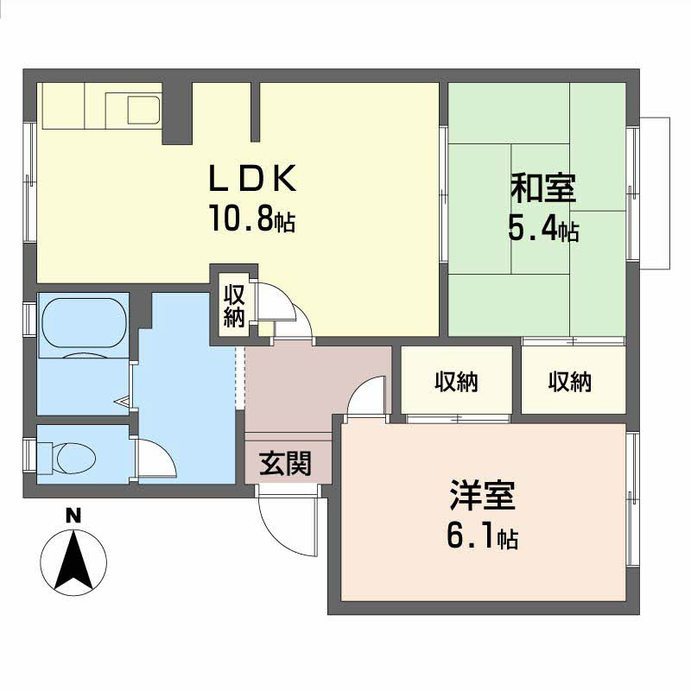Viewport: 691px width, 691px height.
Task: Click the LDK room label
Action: (x=253, y=179)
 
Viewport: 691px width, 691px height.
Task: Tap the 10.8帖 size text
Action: (x=250, y=220)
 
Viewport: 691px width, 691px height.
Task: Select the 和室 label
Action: (x=543, y=187)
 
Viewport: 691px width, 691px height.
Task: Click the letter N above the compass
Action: (x=74, y=517)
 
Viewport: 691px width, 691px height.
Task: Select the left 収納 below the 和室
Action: (x=456, y=381)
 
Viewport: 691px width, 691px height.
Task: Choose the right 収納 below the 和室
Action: (x=570, y=381)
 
